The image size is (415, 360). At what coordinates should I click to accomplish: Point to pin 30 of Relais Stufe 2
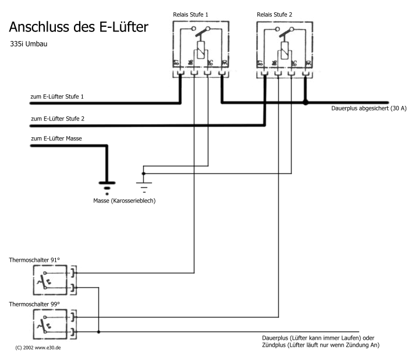[306, 63]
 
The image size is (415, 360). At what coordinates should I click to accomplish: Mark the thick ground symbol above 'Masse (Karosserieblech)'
[106, 185]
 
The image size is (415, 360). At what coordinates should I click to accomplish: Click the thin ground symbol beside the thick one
[143, 185]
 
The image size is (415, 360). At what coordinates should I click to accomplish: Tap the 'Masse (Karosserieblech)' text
[124, 201]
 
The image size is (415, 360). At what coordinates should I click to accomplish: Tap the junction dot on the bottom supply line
[98, 332]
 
